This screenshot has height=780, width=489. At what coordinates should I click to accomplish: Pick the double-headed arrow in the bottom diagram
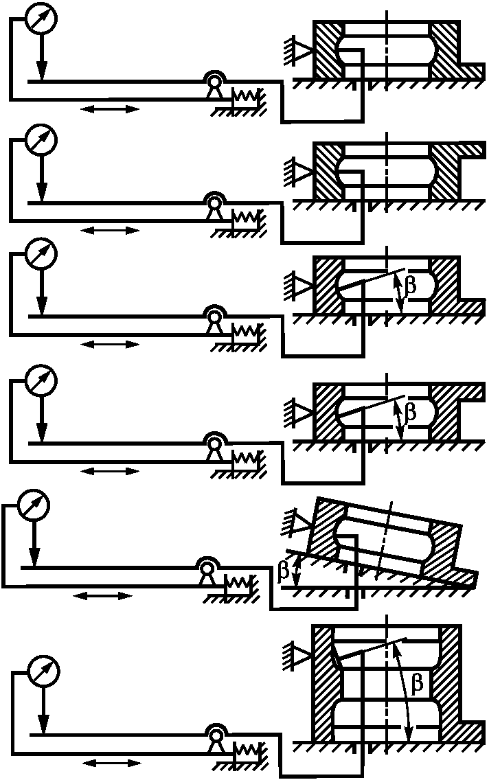click(111, 763)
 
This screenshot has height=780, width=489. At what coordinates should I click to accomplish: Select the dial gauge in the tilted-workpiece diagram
click(34, 506)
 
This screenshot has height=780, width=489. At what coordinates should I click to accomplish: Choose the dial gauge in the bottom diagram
click(43, 673)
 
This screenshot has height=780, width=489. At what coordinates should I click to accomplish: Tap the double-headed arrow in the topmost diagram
click(110, 108)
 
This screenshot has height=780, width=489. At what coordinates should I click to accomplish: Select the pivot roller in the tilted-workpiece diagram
click(206, 568)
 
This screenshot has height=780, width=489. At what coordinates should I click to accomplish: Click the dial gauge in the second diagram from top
click(41, 141)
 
